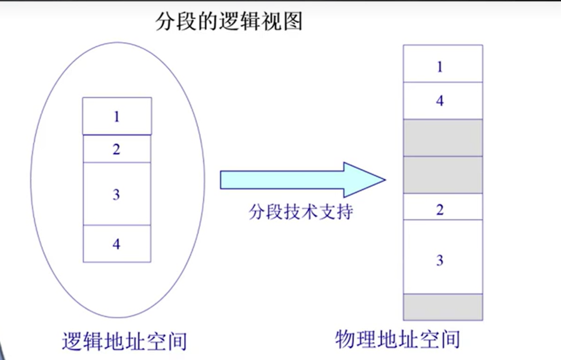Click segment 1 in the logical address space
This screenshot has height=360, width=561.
pyautogui.click(x=117, y=116)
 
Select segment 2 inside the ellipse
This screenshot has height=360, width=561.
pyautogui.click(x=117, y=149)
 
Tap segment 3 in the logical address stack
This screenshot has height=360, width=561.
pyautogui.click(x=117, y=194)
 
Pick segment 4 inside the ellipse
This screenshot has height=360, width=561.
pyautogui.click(x=117, y=243)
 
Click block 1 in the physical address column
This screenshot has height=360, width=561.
pyautogui.click(x=443, y=64)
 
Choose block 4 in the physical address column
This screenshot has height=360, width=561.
pyautogui.click(x=443, y=101)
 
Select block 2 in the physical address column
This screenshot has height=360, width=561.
pyautogui.click(x=443, y=207)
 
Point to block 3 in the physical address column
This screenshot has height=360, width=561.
pyautogui.click(x=443, y=257)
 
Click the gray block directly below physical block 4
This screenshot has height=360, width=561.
pyautogui.click(x=443, y=138)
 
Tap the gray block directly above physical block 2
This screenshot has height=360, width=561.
pyautogui.click(x=443, y=175)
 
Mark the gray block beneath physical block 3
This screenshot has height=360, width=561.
pyautogui.click(x=443, y=307)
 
